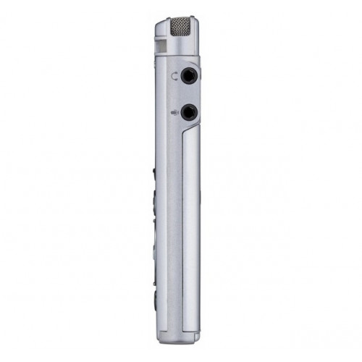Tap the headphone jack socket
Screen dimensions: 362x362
(x=190, y=75)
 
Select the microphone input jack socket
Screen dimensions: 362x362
(x=190, y=111)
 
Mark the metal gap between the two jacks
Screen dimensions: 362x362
(x=190, y=93)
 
